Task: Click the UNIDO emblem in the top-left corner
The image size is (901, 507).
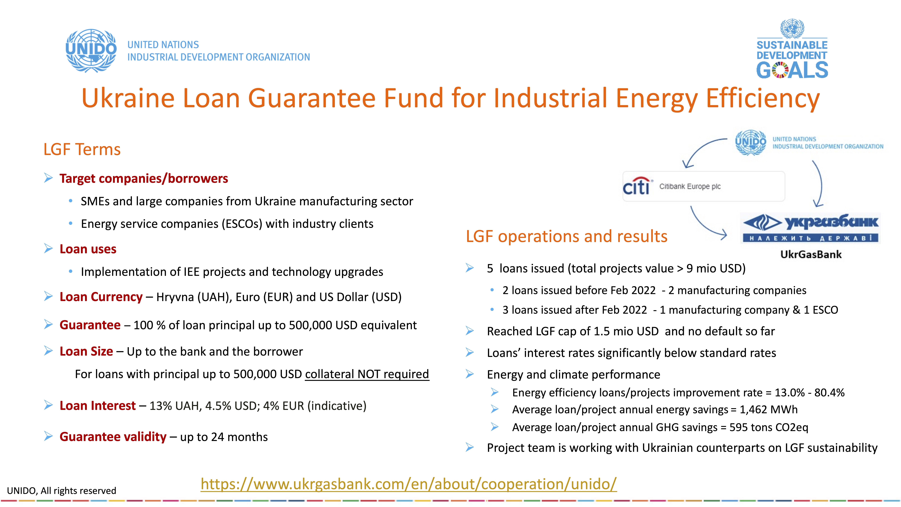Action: coord(91,51)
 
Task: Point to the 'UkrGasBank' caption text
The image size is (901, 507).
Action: coord(811,254)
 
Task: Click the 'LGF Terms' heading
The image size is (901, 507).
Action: coord(82,149)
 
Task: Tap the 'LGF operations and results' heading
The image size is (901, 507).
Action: coord(567,236)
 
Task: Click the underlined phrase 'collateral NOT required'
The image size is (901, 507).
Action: coord(367,374)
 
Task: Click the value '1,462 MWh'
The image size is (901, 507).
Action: coord(768,409)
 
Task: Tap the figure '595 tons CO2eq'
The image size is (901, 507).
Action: coord(769,427)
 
